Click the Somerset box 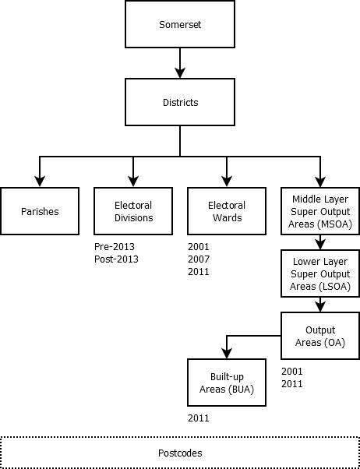(x=180, y=24)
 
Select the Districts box (x=180, y=102)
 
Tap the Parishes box (x=40, y=211)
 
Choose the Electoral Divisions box (x=133, y=211)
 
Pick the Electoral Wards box (x=227, y=211)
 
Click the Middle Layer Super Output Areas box (x=320, y=211)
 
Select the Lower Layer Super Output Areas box (x=320, y=273)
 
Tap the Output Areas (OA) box (x=320, y=336)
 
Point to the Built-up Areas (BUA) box (x=227, y=383)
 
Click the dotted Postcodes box (x=180, y=453)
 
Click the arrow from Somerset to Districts (x=180, y=63)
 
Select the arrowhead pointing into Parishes (x=40, y=182)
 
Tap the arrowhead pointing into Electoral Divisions (x=133, y=182)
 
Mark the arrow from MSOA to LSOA (x=320, y=242)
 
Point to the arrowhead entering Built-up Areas (x=227, y=353)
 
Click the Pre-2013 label (x=115, y=247)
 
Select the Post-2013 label (x=116, y=259)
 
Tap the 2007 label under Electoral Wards (x=199, y=259)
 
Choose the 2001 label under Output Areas (x=291, y=371)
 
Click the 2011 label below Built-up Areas (x=199, y=418)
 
